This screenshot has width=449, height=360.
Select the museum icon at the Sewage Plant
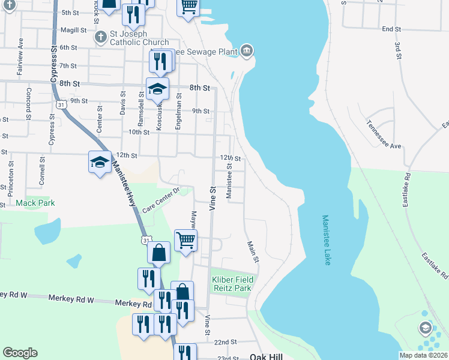tap(247, 51)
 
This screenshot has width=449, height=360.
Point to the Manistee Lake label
tap(326, 241)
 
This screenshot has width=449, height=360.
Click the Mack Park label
tap(35, 203)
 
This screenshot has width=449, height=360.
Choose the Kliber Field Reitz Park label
tap(232, 284)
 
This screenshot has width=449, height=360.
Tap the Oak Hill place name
tap(266, 356)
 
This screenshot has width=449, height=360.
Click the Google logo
tap(20, 353)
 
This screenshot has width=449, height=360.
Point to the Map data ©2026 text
tap(423, 355)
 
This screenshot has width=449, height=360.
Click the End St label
tap(391, 29)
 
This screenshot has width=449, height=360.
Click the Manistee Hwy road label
tap(124, 186)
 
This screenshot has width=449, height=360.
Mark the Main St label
tap(253, 252)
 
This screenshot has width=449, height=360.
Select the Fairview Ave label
tap(20, 50)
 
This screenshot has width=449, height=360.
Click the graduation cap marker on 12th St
tap(99, 162)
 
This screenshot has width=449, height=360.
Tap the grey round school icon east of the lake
tap(425, 328)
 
